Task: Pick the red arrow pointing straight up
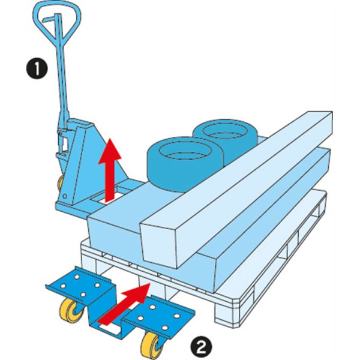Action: pyautogui.click(x=110, y=171)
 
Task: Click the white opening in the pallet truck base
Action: pyautogui.click(x=117, y=193)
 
